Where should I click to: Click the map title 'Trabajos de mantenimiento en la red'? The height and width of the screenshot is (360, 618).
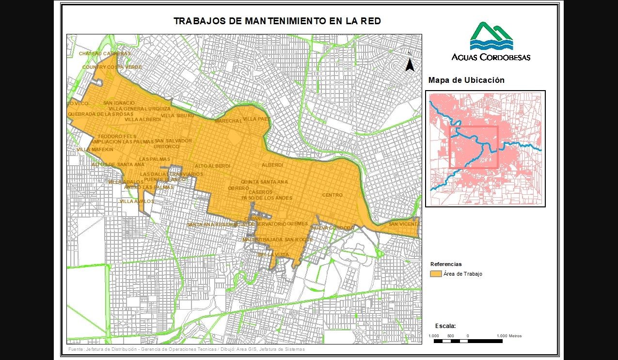click(277, 21)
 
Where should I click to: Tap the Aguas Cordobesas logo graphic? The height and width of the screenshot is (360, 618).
click(491, 36)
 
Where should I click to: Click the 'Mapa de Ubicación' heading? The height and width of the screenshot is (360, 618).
click(466, 80)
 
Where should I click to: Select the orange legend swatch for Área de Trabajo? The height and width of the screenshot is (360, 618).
click(436, 274)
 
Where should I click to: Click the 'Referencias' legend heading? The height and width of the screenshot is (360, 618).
click(446, 264)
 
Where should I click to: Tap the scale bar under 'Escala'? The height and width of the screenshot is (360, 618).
click(468, 341)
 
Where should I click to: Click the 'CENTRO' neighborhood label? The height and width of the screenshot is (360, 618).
click(332, 195)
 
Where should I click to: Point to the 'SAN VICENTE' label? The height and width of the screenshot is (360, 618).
click(404, 224)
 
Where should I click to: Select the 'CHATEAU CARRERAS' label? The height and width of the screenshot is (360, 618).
click(105, 53)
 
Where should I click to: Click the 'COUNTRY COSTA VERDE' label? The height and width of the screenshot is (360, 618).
click(112, 67)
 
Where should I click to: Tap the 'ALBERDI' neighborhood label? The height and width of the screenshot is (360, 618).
click(272, 165)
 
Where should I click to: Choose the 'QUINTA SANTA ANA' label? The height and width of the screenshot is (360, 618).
click(264, 182)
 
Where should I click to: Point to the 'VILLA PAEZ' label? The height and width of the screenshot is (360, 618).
click(256, 119)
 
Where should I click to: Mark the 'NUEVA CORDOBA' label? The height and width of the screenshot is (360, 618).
click(333, 228)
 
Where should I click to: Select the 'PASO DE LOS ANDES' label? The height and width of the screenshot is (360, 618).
click(267, 198)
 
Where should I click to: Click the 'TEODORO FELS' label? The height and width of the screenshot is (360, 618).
click(117, 137)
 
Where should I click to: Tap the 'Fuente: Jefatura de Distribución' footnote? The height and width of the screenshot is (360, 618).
click(187, 349)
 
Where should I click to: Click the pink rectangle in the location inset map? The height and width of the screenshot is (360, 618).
click(474, 147)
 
